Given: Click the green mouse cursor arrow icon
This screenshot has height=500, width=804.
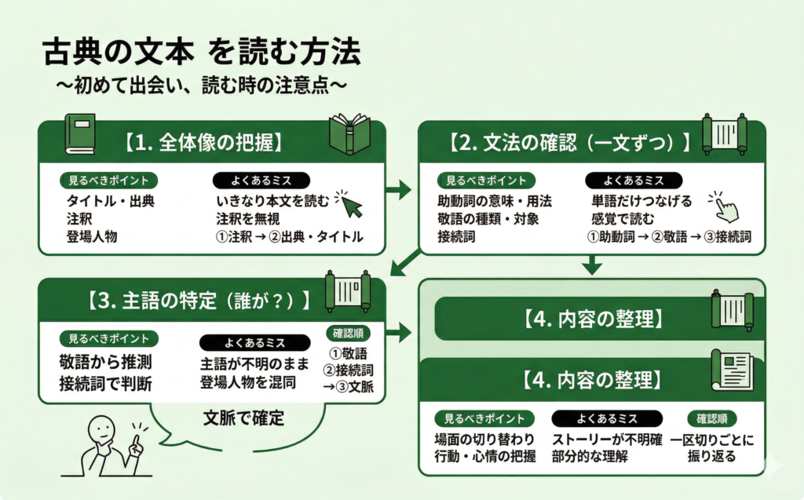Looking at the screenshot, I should click(x=349, y=203).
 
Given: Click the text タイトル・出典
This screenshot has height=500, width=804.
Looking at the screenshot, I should click(x=110, y=201).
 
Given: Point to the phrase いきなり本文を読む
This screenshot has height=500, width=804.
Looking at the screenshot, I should click(x=272, y=201).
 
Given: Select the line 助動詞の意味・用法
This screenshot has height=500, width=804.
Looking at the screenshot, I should click(x=494, y=201).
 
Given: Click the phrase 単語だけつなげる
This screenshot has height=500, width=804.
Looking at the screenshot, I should click(x=641, y=201).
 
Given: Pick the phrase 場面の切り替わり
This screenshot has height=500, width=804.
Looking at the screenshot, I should click(x=484, y=440).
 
